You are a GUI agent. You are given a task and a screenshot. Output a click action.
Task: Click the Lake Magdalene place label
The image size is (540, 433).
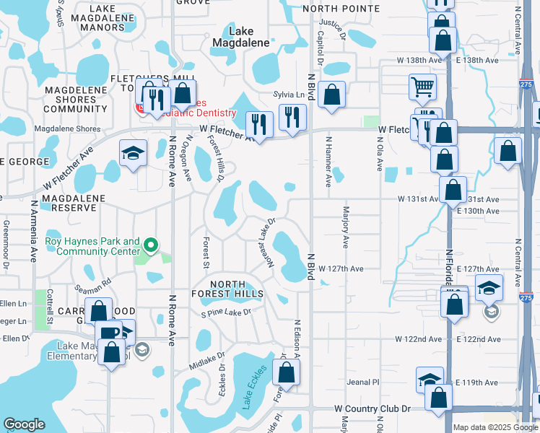pyautogui.click(x=240, y=37)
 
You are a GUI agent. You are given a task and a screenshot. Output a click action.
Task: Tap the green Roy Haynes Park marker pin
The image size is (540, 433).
pyautogui.click(x=151, y=246)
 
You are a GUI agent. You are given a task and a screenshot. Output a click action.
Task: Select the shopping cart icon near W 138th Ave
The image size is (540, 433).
pyautogui.click(x=422, y=87)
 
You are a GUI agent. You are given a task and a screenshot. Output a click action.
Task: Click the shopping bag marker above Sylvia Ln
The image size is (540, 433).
pyautogui.click(x=331, y=95)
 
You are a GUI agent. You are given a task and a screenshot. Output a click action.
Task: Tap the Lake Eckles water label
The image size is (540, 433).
pyautogui.click(x=254, y=387)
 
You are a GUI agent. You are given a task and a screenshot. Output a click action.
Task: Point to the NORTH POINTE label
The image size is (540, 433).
pyautogui.click(x=341, y=9)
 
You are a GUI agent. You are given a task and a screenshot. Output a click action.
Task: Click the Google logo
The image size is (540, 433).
pyautogui.click(x=24, y=424)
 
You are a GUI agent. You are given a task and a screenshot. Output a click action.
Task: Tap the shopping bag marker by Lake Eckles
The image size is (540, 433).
pyautogui.click(x=287, y=374)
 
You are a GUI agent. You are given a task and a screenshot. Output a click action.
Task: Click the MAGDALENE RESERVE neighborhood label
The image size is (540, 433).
pyautogui.click(x=48, y=201)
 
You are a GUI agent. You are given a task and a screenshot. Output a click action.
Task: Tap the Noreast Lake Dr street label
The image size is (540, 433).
pyautogui.click(x=264, y=244)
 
